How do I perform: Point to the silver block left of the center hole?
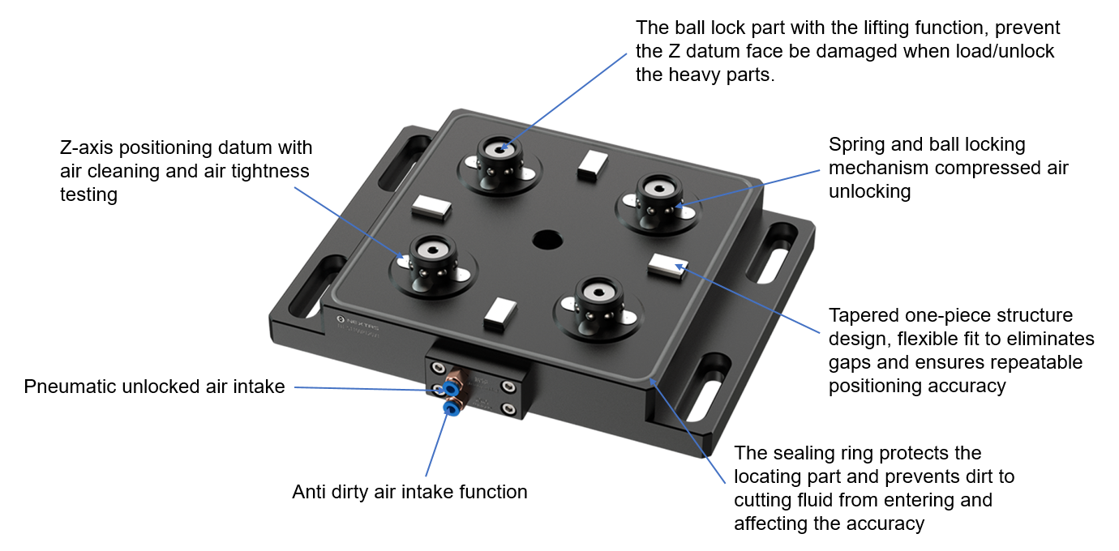coord(430,208)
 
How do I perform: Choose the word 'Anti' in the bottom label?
coord(311,492)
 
